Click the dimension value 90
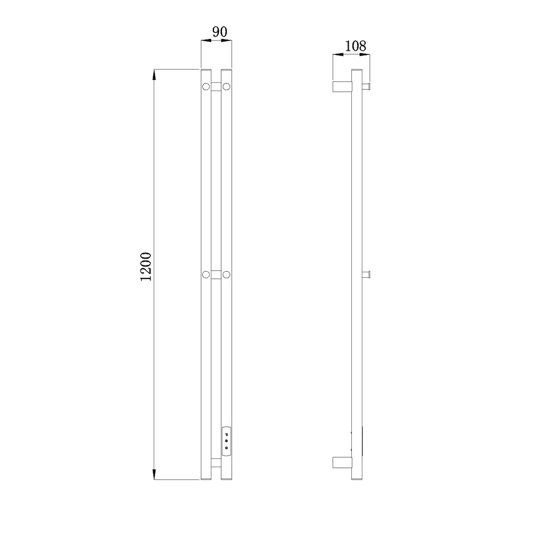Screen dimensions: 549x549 coord(220,31)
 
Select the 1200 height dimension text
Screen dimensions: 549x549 coord(145,266)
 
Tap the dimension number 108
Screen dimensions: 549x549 coord(355,46)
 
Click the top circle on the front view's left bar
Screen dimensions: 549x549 coord(206,87)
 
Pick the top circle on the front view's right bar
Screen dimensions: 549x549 coord(226,87)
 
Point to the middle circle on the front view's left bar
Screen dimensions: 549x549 coord(206,274)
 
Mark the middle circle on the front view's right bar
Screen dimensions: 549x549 coord(226,274)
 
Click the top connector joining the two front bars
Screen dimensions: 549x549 coord(216,87)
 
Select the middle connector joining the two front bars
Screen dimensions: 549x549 coord(216,274)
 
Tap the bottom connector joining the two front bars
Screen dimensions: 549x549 coord(216,463)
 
